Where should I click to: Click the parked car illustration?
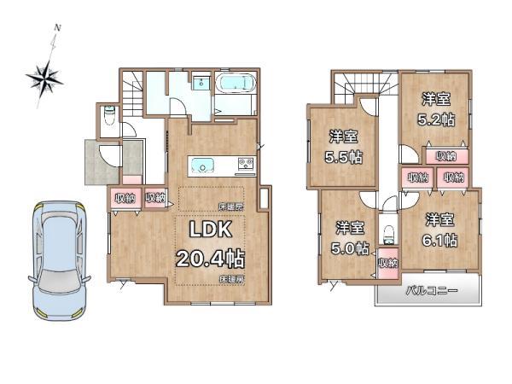[59, 260]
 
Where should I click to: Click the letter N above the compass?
[57, 28]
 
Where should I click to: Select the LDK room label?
[211, 230]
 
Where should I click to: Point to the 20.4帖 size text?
[211, 259]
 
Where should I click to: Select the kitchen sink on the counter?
[202, 166]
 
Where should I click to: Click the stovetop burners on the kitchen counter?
[246, 163]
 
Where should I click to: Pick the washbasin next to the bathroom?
[200, 83]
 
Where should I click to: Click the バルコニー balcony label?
[432, 291]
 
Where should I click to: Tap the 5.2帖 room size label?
[436, 120]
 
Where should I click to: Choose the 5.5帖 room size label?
[343, 157]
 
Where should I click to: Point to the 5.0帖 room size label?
[350, 248]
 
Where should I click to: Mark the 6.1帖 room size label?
[439, 241]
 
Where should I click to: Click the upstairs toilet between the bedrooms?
[388, 235]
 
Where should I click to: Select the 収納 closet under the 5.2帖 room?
[446, 157]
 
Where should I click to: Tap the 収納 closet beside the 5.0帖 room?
[388, 263]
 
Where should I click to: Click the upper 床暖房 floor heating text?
[231, 207]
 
